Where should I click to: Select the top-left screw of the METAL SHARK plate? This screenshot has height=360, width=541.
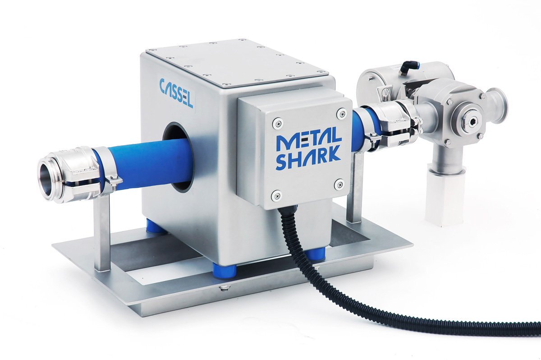[x=277, y=122]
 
